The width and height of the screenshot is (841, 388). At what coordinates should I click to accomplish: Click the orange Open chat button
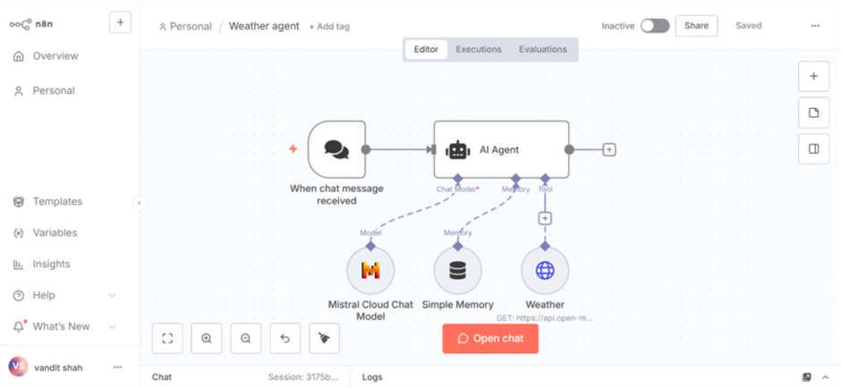point(490,339)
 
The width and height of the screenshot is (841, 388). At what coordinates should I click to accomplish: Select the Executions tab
point(479,49)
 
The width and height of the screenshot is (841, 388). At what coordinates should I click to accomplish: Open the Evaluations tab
point(542,49)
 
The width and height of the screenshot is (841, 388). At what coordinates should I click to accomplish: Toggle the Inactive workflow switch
point(655,26)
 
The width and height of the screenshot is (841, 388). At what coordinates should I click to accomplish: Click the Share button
point(696,26)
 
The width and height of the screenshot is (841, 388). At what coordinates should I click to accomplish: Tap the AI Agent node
point(501,149)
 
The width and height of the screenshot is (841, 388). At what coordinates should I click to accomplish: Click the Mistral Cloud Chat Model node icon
point(370,270)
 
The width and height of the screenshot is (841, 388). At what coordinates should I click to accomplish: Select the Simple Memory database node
point(458,270)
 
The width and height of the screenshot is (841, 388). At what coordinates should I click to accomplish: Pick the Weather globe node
point(545,270)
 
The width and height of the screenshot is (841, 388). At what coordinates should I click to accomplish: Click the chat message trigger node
point(336,149)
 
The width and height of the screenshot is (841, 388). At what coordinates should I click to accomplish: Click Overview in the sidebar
point(55,56)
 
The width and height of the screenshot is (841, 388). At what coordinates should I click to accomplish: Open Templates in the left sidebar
point(57,202)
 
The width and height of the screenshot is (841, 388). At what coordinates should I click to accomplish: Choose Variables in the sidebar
point(55,233)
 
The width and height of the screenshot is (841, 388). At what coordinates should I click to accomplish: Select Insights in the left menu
point(51,265)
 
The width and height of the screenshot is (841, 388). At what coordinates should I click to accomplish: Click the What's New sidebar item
point(61,327)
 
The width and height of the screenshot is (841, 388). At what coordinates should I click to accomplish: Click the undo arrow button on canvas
point(285,338)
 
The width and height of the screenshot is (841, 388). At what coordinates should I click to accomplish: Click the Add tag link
point(329,27)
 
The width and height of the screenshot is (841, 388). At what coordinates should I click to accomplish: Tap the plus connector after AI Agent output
point(609,149)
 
